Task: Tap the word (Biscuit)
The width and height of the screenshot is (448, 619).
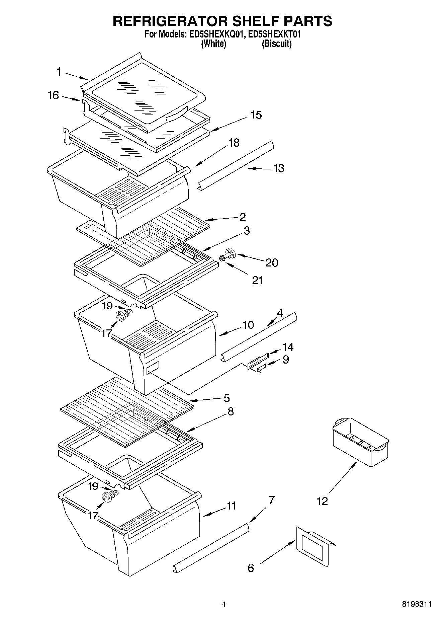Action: click(276, 44)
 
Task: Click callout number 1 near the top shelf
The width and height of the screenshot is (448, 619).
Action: click(59, 72)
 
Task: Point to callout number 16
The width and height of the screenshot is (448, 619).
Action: click(53, 95)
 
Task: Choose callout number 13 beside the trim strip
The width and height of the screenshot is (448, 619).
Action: click(278, 168)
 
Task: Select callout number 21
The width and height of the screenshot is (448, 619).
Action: click(257, 280)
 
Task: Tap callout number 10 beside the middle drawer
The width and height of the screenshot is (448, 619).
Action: click(248, 325)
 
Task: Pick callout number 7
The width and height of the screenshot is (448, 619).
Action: click(271, 500)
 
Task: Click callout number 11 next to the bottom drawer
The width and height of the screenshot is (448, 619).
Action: click(231, 506)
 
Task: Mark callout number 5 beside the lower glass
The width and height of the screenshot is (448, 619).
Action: click(227, 398)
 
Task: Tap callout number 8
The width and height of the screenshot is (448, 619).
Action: click(230, 411)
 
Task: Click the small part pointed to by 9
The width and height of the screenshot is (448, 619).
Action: click(260, 369)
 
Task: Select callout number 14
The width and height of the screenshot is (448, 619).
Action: click(288, 347)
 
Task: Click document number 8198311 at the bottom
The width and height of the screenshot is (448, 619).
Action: click(417, 604)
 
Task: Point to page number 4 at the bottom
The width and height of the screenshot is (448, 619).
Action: click(223, 604)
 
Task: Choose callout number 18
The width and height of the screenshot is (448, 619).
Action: click(234, 143)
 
